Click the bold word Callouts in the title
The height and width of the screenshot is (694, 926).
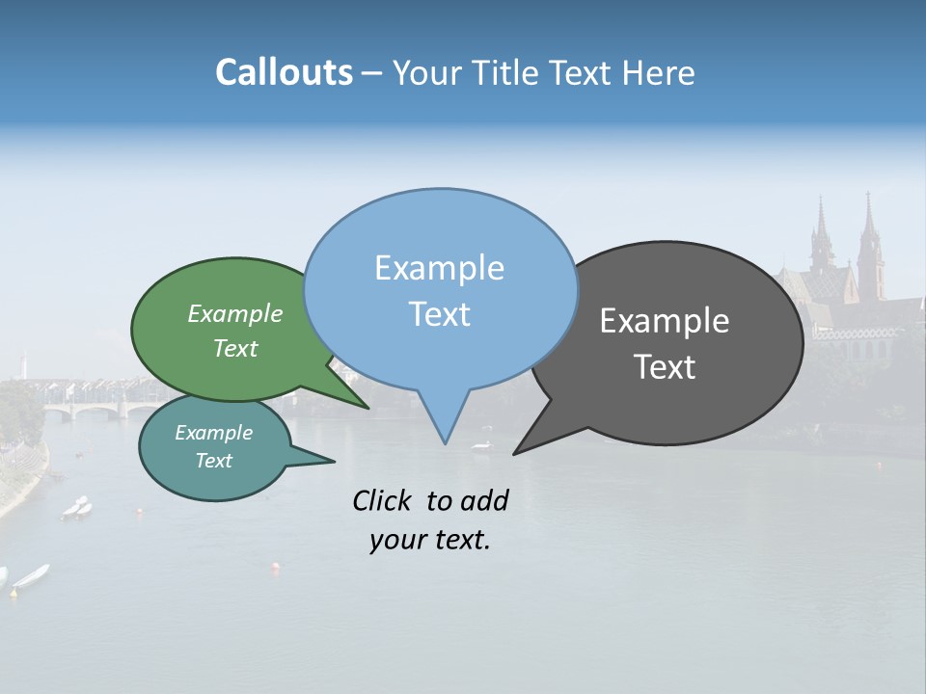[x=284, y=72]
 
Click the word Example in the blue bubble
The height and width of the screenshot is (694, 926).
[x=439, y=268]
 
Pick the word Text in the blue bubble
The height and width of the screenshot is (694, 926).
[x=439, y=314]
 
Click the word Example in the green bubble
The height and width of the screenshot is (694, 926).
[x=234, y=313]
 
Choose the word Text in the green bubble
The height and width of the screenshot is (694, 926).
[x=234, y=348]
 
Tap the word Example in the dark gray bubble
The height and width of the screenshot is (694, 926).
[x=665, y=321]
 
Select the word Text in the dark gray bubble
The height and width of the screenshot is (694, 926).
[x=665, y=366]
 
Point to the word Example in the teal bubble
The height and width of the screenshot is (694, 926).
[x=213, y=433]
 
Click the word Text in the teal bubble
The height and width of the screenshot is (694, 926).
[x=213, y=461]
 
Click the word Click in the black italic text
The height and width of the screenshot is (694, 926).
[x=381, y=500]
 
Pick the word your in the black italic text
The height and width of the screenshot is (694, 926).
[x=397, y=540]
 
